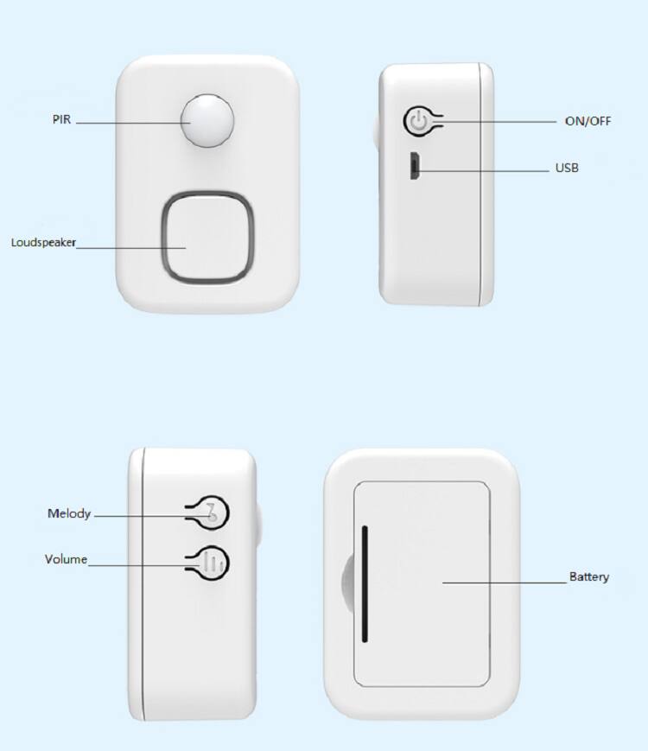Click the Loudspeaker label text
(43, 243)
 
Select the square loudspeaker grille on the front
(207, 236)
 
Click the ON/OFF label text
(588, 121)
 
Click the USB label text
(567, 168)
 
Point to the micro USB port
(415, 166)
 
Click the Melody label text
(68, 514)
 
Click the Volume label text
(66, 560)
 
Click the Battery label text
(588, 576)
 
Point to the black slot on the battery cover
(365, 583)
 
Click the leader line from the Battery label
(501, 582)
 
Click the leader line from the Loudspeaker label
(130, 247)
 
